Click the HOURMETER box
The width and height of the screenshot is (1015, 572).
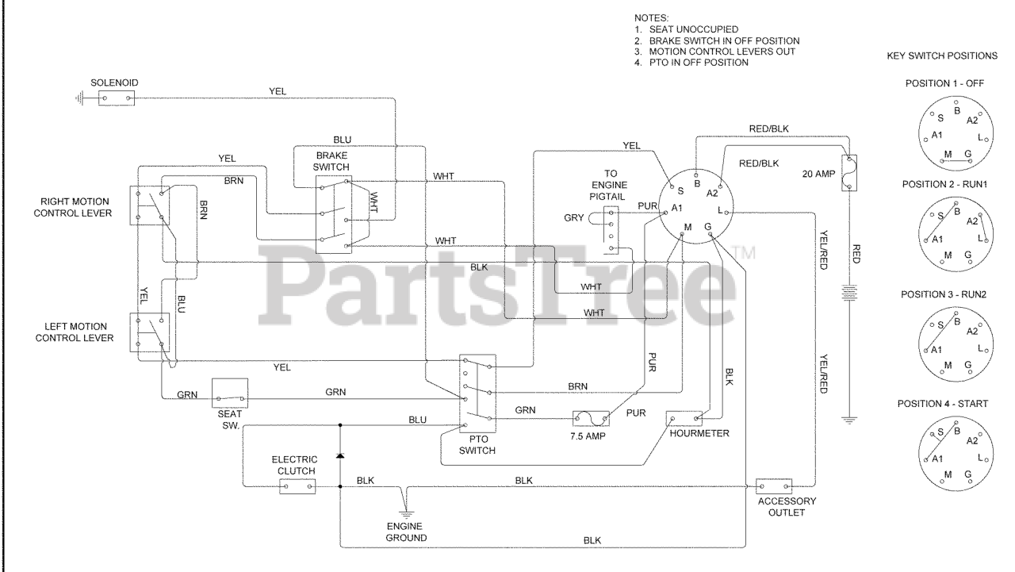(686, 417)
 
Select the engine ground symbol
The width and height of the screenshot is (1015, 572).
(407, 510)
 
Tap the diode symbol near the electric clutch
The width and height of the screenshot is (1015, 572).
(340, 457)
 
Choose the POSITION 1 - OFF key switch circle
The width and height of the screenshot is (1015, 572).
(949, 133)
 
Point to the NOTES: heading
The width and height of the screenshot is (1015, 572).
(653, 17)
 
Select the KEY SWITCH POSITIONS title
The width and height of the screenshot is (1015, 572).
(942, 57)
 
